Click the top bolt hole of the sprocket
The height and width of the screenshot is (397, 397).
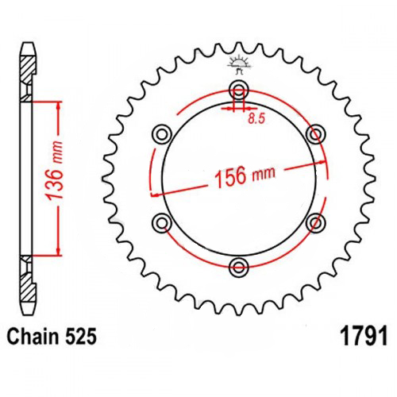(x=239, y=89)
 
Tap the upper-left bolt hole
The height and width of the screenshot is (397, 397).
(x=162, y=134)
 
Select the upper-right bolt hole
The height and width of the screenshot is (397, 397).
(x=316, y=134)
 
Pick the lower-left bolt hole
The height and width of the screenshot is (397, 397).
(x=162, y=223)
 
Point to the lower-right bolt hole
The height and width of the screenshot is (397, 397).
(x=316, y=223)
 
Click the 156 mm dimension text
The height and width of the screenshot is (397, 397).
(x=245, y=176)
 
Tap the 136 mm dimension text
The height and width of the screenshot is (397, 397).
(x=54, y=170)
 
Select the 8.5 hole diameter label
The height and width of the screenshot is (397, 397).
(x=256, y=119)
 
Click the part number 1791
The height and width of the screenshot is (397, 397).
(x=364, y=336)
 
